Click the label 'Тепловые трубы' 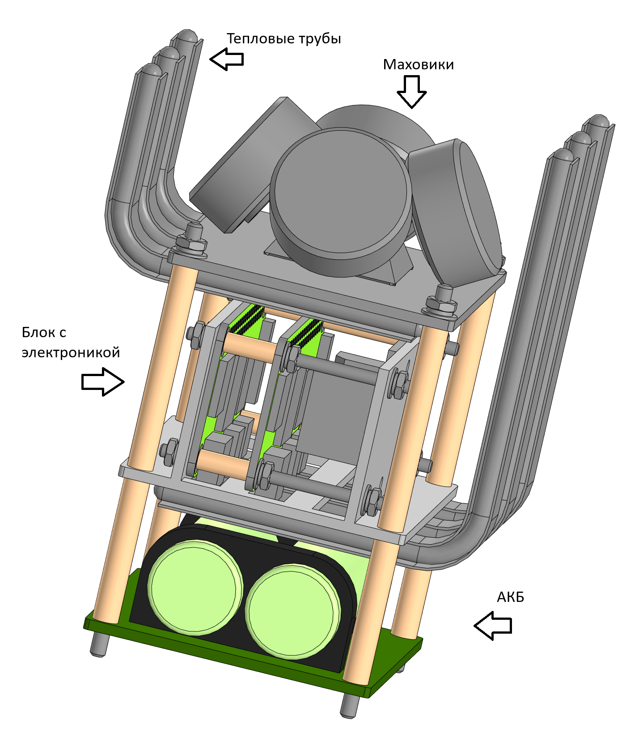pos(283,39)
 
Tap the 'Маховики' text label pos(418,65)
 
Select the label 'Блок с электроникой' pos(71,343)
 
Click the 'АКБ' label pos(510,597)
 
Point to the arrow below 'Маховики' pos(411,91)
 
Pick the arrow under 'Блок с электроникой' pos(102,381)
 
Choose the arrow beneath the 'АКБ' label pos(492,626)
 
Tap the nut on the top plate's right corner pos(442,304)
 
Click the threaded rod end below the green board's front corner pos(349,707)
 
